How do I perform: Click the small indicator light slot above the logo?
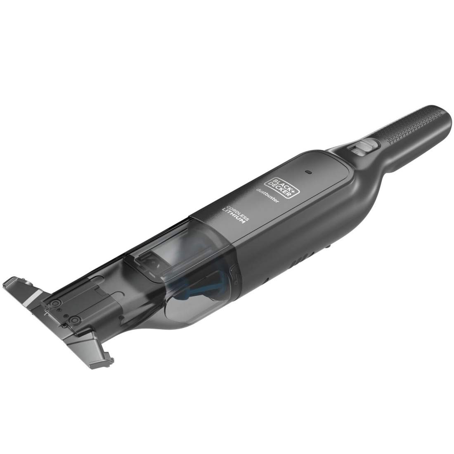307,170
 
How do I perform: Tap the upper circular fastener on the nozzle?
53,304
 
